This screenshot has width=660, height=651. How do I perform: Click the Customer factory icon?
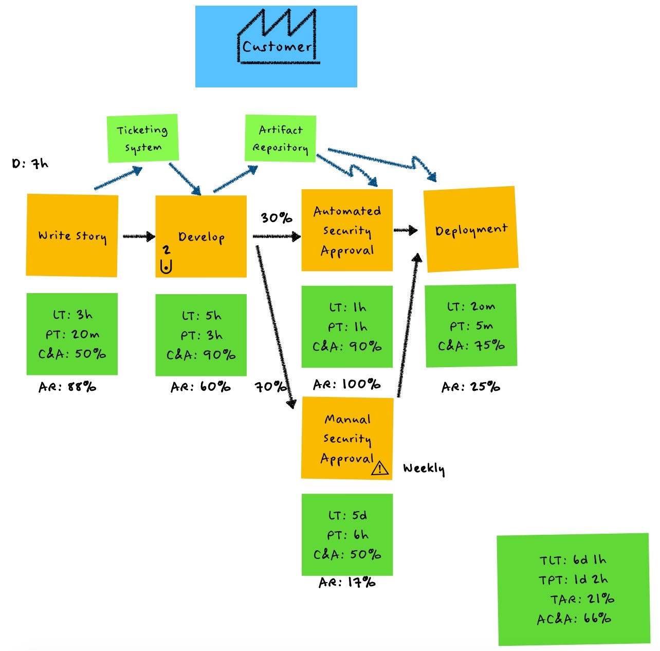coord(278,38)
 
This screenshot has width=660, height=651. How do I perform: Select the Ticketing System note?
coord(142,138)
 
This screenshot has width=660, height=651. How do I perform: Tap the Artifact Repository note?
coord(280,138)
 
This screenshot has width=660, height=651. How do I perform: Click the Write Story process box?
coord(72,236)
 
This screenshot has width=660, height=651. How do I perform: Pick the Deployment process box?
coord(470,229)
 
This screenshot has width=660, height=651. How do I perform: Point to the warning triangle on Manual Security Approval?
coord(380,468)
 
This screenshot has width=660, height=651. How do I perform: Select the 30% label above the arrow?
coord(276,218)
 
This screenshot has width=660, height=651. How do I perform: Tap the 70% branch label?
coord(270,386)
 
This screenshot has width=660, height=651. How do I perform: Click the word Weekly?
coord(424,468)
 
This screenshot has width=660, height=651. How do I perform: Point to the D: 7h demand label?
coord(30,164)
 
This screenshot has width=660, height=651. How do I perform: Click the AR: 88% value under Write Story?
coord(67,387)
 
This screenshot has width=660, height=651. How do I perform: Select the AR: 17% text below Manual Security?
coord(347,583)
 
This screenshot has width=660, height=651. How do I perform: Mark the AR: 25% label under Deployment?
coord(470,387)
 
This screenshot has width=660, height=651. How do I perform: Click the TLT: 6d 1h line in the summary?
coord(573,560)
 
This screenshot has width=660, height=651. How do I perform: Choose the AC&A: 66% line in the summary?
coord(574,619)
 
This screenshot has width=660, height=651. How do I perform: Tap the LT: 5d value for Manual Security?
coord(347,515)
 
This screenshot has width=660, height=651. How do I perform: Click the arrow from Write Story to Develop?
coord(138,237)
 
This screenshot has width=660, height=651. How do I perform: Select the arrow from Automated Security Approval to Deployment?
coord(406,231)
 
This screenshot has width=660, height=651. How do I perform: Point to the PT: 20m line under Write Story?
coord(72,334)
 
